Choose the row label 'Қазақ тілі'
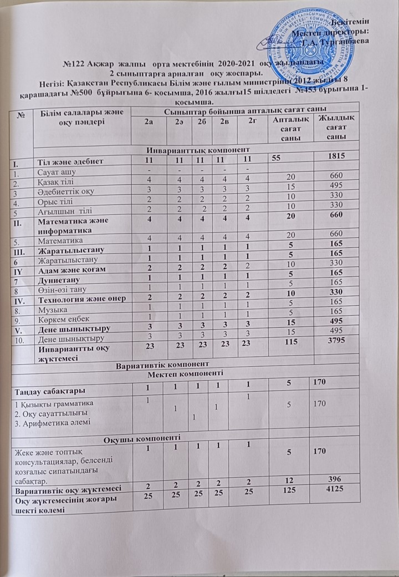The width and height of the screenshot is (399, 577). (57, 181)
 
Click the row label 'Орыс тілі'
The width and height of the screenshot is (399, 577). (56, 201)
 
